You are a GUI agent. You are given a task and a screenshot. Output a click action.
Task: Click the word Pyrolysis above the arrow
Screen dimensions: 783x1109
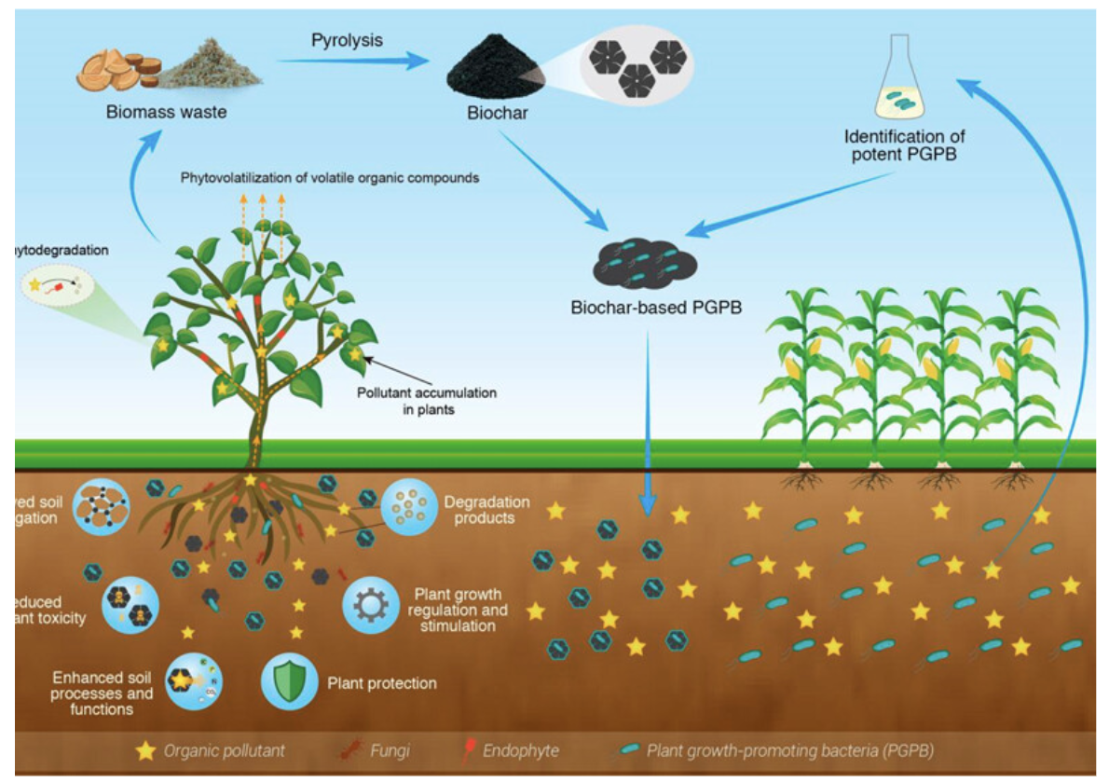click(x=347, y=40)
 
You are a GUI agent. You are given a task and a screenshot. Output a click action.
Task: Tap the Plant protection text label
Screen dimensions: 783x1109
click(x=382, y=683)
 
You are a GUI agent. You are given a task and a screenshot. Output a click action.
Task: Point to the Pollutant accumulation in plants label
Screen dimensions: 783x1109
click(x=427, y=400)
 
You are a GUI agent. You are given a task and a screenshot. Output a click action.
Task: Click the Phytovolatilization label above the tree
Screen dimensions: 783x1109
click(x=330, y=177)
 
